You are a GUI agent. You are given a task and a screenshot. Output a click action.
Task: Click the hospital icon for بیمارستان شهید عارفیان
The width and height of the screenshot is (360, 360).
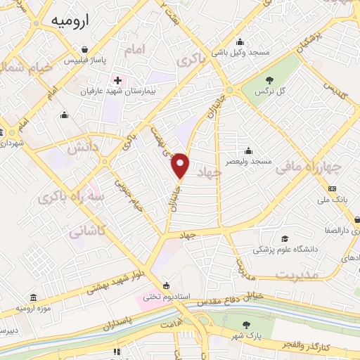pos(117,79)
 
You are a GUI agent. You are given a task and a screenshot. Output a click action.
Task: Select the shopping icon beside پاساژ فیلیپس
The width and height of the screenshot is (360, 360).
pos(85,49)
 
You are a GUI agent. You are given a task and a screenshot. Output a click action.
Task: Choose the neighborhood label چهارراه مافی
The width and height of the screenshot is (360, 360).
pos(308,167)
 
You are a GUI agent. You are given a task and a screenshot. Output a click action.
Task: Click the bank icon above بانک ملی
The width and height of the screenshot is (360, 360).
pos(333,188)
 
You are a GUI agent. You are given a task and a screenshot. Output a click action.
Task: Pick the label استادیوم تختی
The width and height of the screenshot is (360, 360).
pos(166,297)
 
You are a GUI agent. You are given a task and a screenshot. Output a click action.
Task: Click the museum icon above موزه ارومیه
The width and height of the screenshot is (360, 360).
pos(34,298)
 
